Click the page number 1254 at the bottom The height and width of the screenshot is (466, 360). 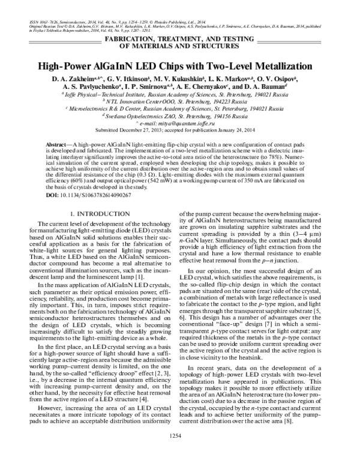[180, 451]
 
